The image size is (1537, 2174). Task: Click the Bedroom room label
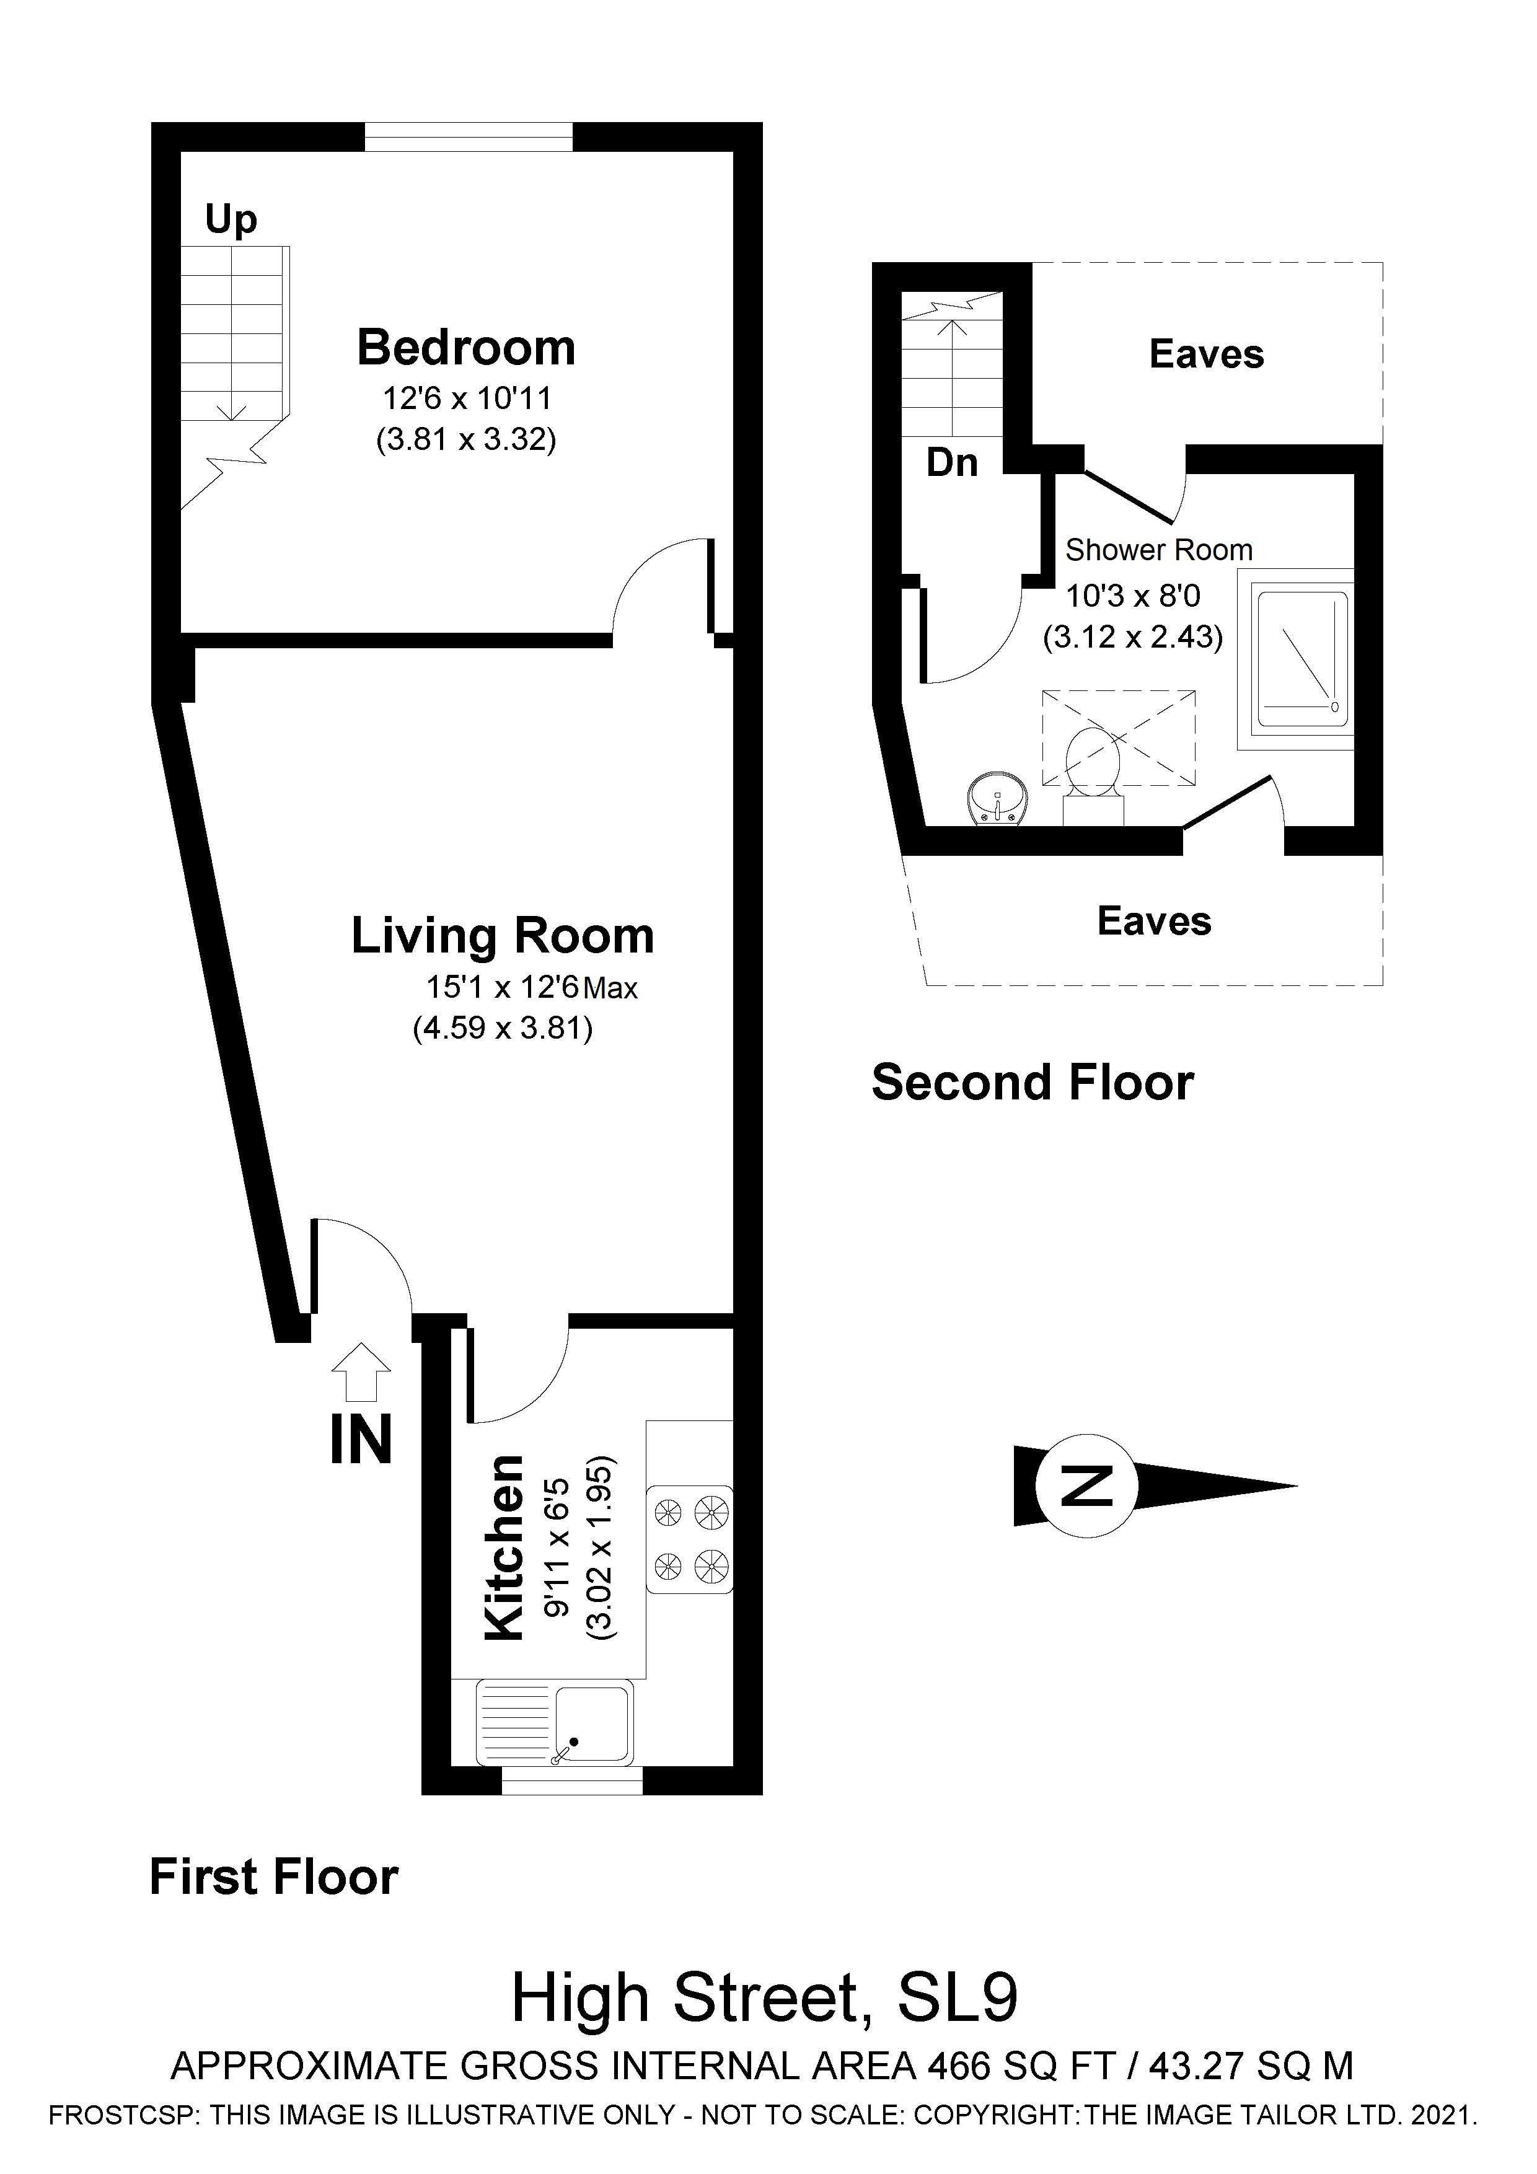[466, 348]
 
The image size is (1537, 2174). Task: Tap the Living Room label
[502, 936]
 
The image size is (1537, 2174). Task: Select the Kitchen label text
[504, 1548]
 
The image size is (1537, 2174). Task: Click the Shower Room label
[1158, 550]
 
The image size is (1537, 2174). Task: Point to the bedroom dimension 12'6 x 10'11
[467, 398]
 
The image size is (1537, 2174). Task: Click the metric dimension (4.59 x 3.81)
[503, 1028]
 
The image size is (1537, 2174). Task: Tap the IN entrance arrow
[361, 1371]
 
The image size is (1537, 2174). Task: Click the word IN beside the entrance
[361, 1440]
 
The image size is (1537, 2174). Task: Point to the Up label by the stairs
[231, 219]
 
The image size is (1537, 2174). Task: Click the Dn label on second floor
[952, 463]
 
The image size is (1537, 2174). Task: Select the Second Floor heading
[1033, 1082]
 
